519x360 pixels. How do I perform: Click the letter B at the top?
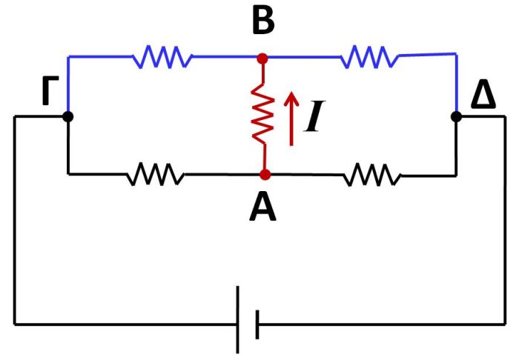click(x=262, y=22)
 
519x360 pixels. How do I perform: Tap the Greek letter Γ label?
click(x=50, y=97)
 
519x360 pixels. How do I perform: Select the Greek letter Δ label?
click(x=483, y=97)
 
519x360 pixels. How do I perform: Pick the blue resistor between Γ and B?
click(x=162, y=56)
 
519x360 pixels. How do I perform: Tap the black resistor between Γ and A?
click(x=155, y=175)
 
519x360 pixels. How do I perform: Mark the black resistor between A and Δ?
click(x=371, y=175)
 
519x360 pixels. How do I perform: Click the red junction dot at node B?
click(x=262, y=57)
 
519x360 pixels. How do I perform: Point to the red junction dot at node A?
click(x=264, y=175)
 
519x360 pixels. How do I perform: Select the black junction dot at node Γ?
click(x=68, y=116)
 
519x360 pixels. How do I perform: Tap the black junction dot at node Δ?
click(x=456, y=116)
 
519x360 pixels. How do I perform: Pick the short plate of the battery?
click(x=257, y=324)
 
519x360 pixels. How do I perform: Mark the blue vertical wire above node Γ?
click(x=68, y=83)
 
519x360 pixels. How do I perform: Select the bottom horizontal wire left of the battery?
click(x=126, y=324)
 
